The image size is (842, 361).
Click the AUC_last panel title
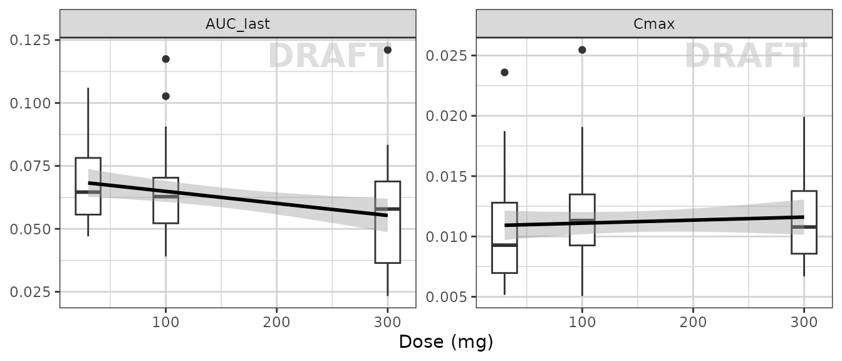[x=237, y=24]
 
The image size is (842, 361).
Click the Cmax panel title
[x=653, y=24]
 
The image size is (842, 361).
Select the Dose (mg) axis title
[x=445, y=342]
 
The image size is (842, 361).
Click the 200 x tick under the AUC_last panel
[x=276, y=322]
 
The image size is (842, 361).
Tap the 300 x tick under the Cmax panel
[x=804, y=322]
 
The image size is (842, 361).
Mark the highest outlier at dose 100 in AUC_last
[x=166, y=59]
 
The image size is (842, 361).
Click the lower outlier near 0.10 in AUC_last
[x=166, y=96]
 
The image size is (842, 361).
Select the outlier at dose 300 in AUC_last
[x=387, y=50]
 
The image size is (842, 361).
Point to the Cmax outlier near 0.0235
[x=504, y=72]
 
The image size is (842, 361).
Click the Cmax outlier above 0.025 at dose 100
[x=582, y=50]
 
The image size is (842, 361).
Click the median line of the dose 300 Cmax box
[x=804, y=227]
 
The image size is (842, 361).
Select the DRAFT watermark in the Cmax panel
[x=746, y=56]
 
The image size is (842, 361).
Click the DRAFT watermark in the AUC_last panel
[x=330, y=56]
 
